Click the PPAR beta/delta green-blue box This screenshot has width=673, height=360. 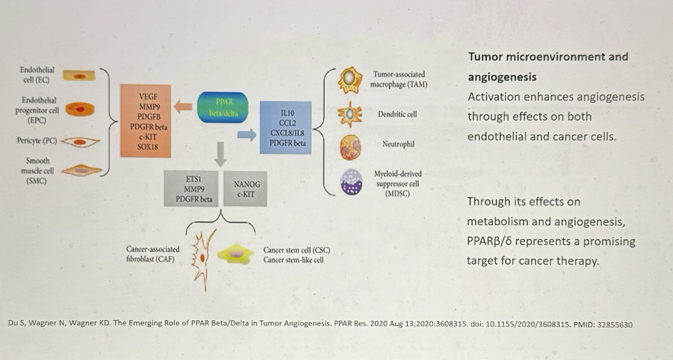(223, 107)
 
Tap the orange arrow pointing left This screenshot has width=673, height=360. (183, 106)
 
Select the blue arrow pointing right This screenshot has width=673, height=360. (247, 134)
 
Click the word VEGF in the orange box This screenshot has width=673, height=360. (148, 96)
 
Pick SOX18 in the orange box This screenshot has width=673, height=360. (148, 147)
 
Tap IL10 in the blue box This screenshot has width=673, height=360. (287, 113)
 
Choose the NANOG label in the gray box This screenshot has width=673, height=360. (247, 184)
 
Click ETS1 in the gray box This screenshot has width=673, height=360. (194, 179)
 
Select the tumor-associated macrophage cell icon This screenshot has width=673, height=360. (350, 80)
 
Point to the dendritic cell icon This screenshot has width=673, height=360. (350, 114)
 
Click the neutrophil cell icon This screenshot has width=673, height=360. (350, 147)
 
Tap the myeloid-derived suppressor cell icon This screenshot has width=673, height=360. (351, 182)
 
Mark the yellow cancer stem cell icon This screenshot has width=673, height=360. (236, 254)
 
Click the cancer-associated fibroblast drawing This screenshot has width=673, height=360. (203, 258)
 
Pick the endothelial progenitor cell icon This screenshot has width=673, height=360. (79, 109)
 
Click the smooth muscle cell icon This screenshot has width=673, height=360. (81, 171)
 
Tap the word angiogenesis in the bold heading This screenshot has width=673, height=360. (502, 77)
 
